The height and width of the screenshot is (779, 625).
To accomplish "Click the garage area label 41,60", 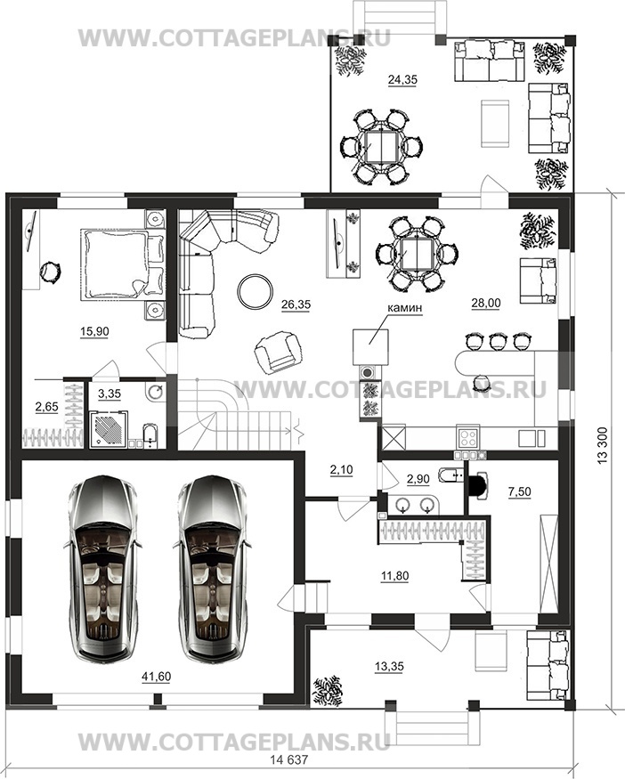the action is point(156,676).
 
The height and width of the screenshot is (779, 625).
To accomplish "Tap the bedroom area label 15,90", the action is point(94,331).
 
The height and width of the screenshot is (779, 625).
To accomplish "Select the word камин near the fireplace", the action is point(405,307).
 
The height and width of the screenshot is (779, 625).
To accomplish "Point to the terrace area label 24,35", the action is point(402,79).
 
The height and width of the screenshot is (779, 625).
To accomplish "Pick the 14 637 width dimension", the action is point(288,760).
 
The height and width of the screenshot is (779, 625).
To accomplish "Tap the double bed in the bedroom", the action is point(122,264).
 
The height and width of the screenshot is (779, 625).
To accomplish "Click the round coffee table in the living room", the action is point(255,290).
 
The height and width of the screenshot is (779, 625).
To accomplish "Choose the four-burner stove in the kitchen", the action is point(468,438).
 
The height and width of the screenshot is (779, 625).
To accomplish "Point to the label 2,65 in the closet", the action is point(46,408).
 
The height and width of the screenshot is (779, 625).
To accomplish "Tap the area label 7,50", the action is point(519,491).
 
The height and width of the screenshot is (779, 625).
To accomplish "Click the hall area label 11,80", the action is point(394,576).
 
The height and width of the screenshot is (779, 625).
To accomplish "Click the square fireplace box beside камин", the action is point(370,346).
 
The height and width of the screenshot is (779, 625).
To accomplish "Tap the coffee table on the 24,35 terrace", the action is point(495,123).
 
